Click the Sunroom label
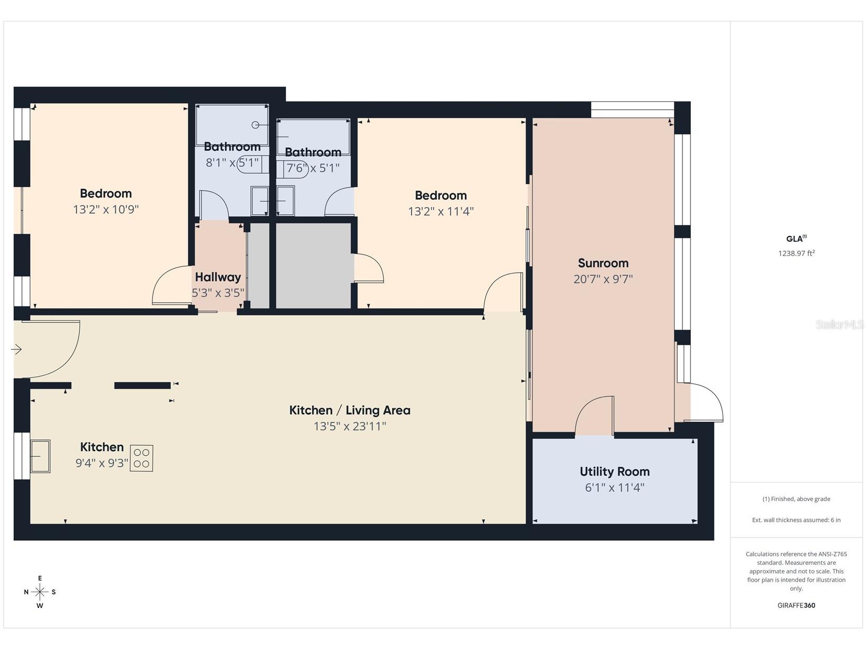603,263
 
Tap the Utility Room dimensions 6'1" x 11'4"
614,487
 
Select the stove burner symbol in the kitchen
141,458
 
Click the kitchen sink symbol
40,456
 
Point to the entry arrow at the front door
16,349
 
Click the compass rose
40,592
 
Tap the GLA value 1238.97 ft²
796,253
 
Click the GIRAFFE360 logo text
796,605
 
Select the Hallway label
218,277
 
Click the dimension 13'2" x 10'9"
106,209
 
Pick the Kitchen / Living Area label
350,410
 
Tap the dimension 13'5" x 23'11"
350,426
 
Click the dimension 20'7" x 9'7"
603,279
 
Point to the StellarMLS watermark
839,325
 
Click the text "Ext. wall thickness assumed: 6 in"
796,520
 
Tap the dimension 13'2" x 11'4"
441,211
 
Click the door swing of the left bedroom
171,286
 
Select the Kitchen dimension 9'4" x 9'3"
102,463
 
